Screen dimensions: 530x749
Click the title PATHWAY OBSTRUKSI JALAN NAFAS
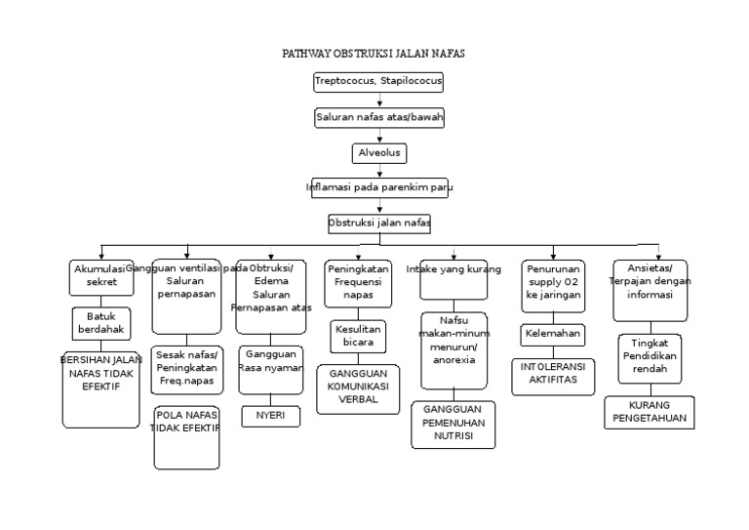click(374, 54)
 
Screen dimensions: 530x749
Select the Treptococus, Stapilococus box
click(378, 82)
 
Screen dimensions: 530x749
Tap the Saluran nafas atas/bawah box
click(379, 118)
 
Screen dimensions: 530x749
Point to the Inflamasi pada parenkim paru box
click(379, 187)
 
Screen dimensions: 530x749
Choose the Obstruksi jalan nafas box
click(379, 224)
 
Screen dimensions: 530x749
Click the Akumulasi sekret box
click(101, 276)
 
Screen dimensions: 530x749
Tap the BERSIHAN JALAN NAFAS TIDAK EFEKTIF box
click(101, 389)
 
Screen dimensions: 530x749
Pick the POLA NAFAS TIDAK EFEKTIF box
click(186, 437)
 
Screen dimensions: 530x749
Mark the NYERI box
click(271, 417)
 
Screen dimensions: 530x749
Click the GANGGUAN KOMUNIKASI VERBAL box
click(358, 388)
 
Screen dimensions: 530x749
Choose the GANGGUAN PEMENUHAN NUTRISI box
click(453, 426)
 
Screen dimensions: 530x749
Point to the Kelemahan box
click(552, 335)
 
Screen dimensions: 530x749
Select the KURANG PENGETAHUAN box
click(649, 412)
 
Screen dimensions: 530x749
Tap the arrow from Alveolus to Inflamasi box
click(379, 171)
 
